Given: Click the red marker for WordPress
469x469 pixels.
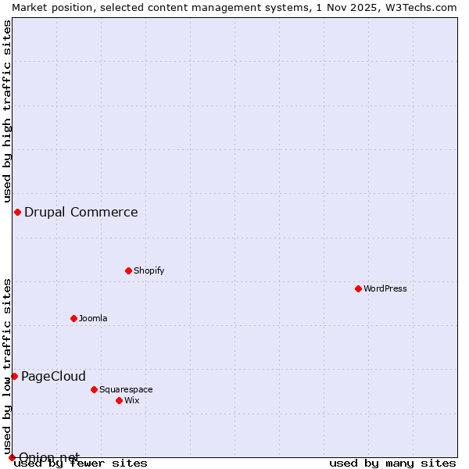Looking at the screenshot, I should [x=358, y=288].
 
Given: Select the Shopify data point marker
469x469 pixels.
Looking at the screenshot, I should [x=128, y=270].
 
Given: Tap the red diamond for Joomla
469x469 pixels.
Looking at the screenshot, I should [x=73, y=318].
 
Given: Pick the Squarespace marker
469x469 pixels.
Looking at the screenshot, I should [x=94, y=389].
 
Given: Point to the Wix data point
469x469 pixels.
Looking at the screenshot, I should [x=119, y=400].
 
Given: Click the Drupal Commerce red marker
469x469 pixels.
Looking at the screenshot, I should [x=17, y=212].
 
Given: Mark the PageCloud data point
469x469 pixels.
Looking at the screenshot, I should [x=14, y=376].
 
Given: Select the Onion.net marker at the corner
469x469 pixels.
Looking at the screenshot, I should [x=12, y=457].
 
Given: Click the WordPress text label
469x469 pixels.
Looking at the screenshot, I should [x=385, y=288].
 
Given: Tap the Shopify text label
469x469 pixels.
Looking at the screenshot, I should [x=149, y=270].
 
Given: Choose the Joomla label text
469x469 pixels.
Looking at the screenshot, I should [x=93, y=318].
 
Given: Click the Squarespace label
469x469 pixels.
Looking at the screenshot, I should [x=126, y=389].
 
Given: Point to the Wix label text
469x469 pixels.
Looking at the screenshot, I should [x=131, y=400].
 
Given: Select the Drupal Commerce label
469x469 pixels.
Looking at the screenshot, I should [x=81, y=212].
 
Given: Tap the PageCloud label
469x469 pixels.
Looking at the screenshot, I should [x=53, y=376].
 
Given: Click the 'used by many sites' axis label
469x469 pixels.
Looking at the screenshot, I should [x=392, y=463].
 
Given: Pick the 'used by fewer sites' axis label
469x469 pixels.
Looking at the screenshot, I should [x=81, y=463].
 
